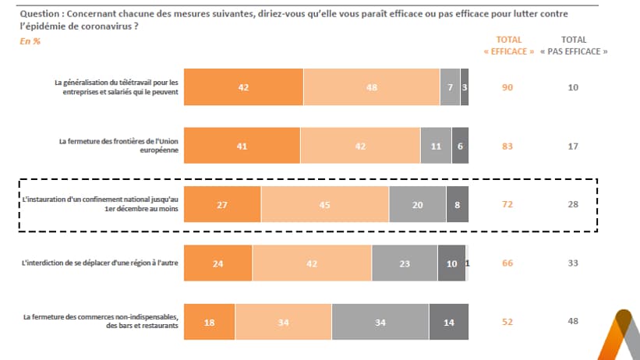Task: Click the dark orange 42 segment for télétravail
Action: pos(243,87)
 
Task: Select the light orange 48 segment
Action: pos(371,87)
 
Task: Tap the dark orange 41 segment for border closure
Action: pos(242,145)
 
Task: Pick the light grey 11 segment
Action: pos(435,145)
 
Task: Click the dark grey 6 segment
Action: pos(460,145)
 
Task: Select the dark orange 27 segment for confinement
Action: pos(222,205)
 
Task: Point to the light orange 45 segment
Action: pos(324,205)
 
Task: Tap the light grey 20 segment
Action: pos(417,205)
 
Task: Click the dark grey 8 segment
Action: pos(457,205)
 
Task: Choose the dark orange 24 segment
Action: pos(217,263)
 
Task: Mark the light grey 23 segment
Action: pos(405,263)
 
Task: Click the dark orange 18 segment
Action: pos(209,321)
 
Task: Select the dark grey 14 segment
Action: pos(448,321)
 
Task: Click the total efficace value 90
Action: pos(507,87)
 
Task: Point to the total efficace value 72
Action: pos(507,205)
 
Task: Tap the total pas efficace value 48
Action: pos(573,321)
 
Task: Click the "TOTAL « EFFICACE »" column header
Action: pos(509,45)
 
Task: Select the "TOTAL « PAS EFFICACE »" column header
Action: pos(574,45)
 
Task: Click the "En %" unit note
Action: pos(30,41)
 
